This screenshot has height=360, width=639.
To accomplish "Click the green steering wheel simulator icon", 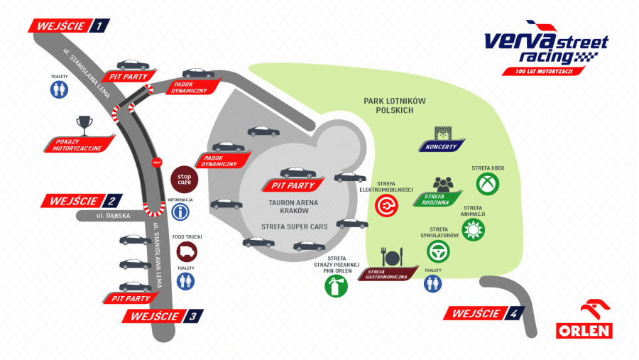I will coord(438,251).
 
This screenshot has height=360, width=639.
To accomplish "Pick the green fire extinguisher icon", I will coord(337,286).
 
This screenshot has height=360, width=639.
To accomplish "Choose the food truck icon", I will coord(187,251).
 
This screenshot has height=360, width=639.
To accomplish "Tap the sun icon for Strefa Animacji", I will coord(472,229).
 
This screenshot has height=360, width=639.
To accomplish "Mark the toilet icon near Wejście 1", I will coord(60,89).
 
